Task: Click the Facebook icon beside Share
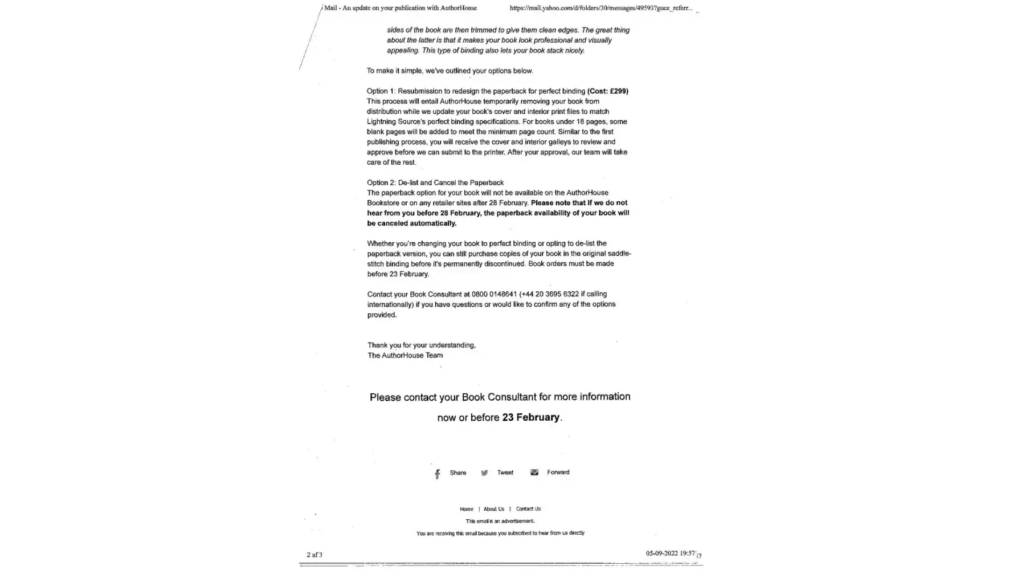438,474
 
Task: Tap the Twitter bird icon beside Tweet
484,473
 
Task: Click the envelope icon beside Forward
534,473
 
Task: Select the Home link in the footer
466,509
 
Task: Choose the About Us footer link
493,509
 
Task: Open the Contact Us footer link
528,509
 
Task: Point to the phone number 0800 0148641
494,294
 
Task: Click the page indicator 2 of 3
314,555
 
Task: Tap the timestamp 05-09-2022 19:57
670,553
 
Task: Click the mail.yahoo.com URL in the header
601,8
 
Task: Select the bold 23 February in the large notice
530,417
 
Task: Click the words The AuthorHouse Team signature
405,355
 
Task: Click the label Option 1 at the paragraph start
380,91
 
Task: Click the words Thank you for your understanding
421,345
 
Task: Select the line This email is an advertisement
500,521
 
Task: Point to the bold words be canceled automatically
411,223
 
